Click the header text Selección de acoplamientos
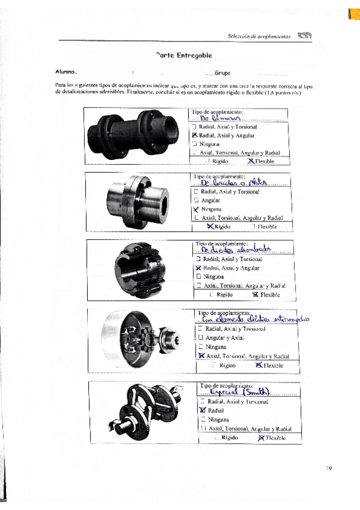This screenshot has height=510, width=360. click(x=259, y=37)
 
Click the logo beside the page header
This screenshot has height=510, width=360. click(x=305, y=36)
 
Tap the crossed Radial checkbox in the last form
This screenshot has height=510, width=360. click(x=203, y=410)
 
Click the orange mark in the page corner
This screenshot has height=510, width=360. click(x=353, y=11)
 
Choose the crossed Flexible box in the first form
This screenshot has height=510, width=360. click(x=250, y=161)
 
